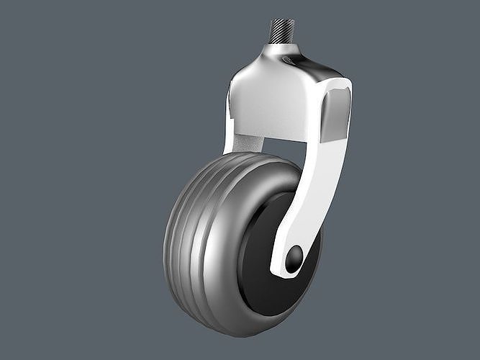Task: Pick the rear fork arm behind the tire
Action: pos(233,130)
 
